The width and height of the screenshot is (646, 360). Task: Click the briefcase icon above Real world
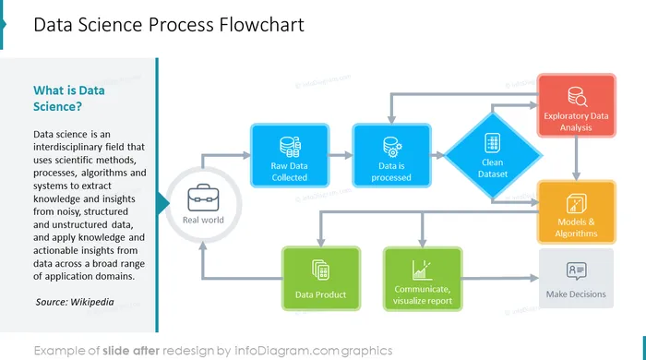pos(203,198)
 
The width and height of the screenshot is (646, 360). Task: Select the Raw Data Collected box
pos(290,156)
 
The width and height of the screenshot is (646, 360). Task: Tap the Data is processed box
pos(391,156)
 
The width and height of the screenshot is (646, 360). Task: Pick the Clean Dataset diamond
pos(493,156)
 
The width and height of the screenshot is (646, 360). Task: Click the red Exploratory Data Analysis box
pos(577,105)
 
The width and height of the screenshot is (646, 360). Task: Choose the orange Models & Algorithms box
pos(577,212)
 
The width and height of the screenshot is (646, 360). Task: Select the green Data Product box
pos(321,279)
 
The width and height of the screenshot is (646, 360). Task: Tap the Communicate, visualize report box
pos(423,279)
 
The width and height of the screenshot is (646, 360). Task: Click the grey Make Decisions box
pos(576,278)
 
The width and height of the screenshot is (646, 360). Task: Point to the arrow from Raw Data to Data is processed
pos(341,155)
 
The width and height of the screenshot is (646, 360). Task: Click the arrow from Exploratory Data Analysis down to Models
pos(576,159)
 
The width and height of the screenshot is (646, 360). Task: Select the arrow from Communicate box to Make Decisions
pos(500,279)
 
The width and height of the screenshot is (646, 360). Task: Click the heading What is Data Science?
pos(69,99)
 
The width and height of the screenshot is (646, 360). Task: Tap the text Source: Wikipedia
pos(75,302)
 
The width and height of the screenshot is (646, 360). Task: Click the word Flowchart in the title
pos(261,25)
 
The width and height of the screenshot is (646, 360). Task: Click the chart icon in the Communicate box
pos(422,270)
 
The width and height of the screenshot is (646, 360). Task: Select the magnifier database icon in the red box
pos(577,96)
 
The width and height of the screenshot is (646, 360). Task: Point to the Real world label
pos(203,220)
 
